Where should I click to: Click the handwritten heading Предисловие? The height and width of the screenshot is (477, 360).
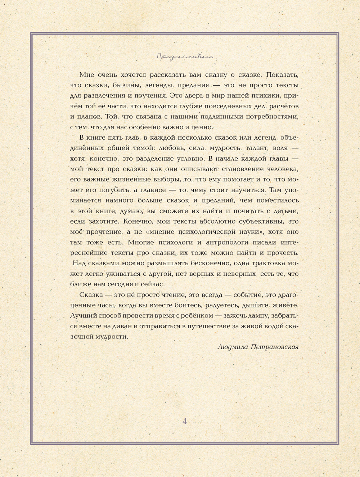tap(185, 57)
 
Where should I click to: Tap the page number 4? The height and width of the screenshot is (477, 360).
tap(185, 421)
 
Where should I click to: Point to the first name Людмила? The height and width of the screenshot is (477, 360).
tap(233, 347)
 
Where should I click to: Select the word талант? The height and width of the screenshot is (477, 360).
tap(256, 148)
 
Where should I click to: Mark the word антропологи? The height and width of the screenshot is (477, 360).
tap(228, 242)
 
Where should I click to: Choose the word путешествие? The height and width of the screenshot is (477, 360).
tap(201, 326)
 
